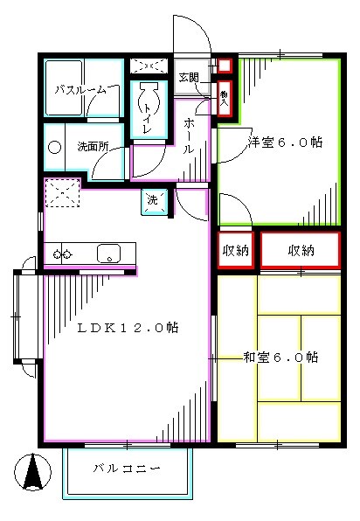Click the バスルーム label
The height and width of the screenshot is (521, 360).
80,89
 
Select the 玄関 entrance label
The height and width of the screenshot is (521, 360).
189,77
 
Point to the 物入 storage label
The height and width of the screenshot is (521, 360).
225,96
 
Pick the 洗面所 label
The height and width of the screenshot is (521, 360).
92,146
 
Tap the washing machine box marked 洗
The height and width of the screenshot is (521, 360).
152,200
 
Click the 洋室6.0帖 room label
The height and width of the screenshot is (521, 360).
284,142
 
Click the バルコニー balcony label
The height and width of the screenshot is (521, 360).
127,469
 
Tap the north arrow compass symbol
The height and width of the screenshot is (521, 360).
33,473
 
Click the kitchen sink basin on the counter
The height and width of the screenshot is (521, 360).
108,254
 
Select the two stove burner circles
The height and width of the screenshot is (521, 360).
62,254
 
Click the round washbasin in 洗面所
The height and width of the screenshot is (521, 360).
55,147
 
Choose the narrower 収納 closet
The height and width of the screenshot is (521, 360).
235,251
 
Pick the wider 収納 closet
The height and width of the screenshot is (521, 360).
300,251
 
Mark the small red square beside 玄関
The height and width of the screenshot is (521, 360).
225,64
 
